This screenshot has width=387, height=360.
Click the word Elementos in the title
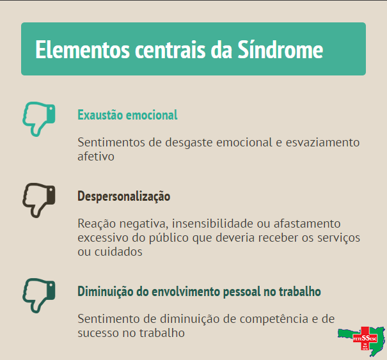[83, 50]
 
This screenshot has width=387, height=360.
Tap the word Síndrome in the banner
[280, 49]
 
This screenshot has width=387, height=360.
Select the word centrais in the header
[170, 50]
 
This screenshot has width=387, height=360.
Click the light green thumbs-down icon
[39, 119]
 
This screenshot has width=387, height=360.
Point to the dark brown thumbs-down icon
[39, 200]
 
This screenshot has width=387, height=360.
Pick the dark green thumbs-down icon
[39, 295]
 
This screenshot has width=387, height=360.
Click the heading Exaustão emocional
[127, 115]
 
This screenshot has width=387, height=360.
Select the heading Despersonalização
[124, 196]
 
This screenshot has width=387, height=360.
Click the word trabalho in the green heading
[300, 291]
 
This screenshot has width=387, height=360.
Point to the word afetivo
[96, 157]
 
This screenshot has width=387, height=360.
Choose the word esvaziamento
[322, 143]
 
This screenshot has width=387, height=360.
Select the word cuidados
[118, 252]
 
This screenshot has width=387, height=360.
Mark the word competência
[274, 319]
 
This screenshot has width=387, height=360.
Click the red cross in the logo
[365, 338]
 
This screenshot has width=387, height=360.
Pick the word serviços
[338, 239]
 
